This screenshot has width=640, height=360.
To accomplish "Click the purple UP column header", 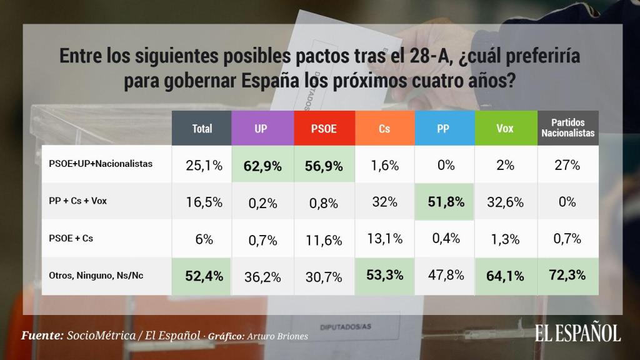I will point(262,128).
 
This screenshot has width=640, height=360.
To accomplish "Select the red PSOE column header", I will point(323,128).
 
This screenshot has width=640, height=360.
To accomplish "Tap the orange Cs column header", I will point(384,128).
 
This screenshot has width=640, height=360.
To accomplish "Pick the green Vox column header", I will point(505,128).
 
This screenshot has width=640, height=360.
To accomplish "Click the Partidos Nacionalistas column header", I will point(568,128).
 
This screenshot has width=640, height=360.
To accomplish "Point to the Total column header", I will point(202,128).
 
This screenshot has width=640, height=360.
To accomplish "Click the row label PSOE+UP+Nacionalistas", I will point(101,164).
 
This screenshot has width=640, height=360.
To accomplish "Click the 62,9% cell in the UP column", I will point(262,166).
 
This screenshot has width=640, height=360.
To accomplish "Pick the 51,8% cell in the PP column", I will point(444,202).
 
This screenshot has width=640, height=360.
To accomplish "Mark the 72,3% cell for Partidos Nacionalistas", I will point(568,276).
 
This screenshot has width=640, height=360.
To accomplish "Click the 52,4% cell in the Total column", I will point(202,276).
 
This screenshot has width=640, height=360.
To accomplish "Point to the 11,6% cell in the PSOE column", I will point(323,239).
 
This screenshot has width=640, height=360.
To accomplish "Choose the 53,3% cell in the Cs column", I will point(384,276).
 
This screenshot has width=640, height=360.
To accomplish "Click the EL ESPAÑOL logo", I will point(577,332).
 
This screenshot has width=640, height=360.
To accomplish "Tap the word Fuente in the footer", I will point(41,335).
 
